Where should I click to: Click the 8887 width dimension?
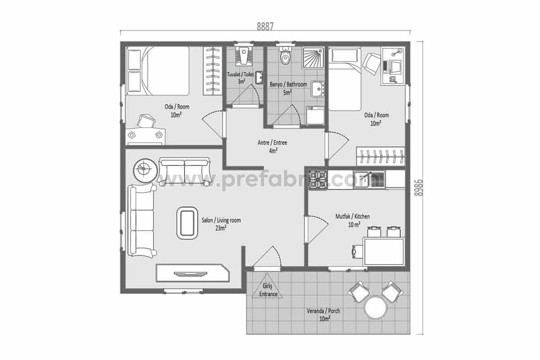(265, 27)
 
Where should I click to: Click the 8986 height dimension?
(419, 188)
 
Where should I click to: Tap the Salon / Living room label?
(221, 224)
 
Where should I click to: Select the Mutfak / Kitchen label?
(352, 220)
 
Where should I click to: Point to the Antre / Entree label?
(272, 146)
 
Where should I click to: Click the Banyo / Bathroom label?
(288, 88)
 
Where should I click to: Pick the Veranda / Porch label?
(324, 315)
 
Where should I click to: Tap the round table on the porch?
(376, 308)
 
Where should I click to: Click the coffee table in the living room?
(187, 223)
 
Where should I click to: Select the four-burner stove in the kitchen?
(318, 180)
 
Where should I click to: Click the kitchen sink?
(369, 179)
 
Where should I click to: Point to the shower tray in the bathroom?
(313, 58)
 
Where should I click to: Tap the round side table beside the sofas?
(145, 171)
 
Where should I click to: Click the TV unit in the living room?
(193, 273)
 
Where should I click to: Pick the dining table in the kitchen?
(384, 252)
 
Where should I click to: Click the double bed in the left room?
(158, 71)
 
